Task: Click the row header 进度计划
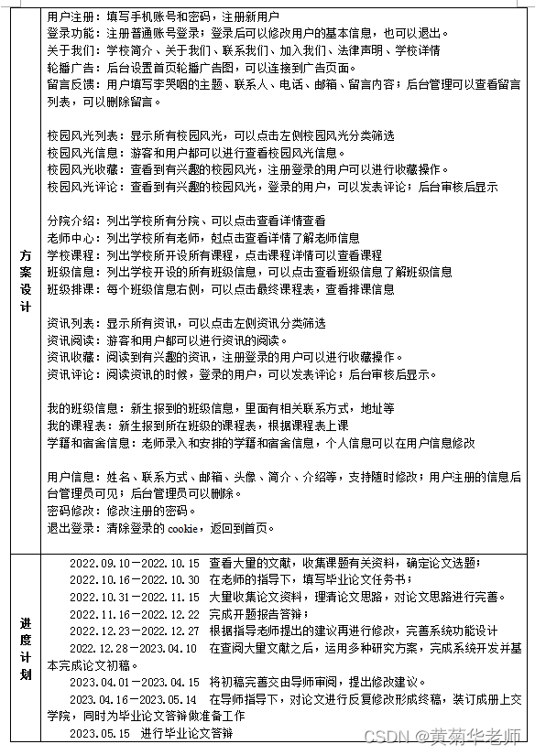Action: [25, 648]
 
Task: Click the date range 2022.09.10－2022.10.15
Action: [135, 563]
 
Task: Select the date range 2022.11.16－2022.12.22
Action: [135, 614]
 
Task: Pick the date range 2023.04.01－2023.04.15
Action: [135, 683]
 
